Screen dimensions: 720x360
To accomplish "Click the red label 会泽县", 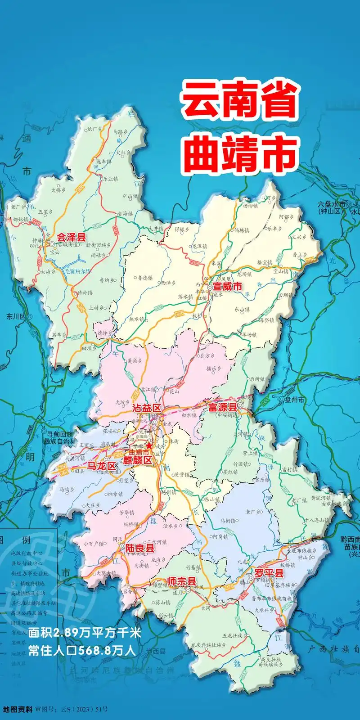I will coord(71,237).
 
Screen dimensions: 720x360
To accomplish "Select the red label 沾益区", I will coord(147,408).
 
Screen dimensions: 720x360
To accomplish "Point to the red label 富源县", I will coord(222,407).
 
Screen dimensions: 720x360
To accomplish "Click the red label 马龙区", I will coord(102,466).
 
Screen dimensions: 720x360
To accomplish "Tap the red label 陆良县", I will coord(140,548).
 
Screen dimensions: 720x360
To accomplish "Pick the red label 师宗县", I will coord(182,581).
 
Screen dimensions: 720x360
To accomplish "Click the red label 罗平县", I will coord(269,573).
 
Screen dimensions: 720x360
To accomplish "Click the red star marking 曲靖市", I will coord(149,445).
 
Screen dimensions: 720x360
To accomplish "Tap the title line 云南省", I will coord(239,100).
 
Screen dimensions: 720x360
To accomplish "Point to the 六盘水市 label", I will coord(332,204).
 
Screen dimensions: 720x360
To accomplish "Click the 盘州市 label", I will coord(294,399).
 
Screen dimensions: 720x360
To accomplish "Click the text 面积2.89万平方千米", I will coord(85,633).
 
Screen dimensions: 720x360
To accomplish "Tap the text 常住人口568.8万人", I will coord(82,650).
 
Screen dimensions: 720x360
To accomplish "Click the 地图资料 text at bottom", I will coord(18,710).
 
